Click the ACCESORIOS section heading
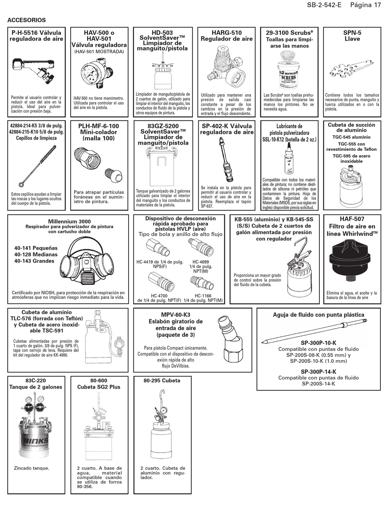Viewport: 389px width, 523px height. (x=27, y=20)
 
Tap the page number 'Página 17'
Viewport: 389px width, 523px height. (x=366, y=5)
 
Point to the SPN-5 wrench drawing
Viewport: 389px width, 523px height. (x=351, y=69)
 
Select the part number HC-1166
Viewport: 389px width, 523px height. (x=203, y=296)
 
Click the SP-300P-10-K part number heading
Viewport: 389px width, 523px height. (x=318, y=343)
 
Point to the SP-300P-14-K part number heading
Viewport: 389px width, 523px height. (x=318, y=372)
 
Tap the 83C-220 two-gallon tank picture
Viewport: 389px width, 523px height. (x=36, y=428)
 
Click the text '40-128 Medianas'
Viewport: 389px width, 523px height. (x=36, y=255)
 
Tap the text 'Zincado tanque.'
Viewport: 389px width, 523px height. (x=32, y=468)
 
